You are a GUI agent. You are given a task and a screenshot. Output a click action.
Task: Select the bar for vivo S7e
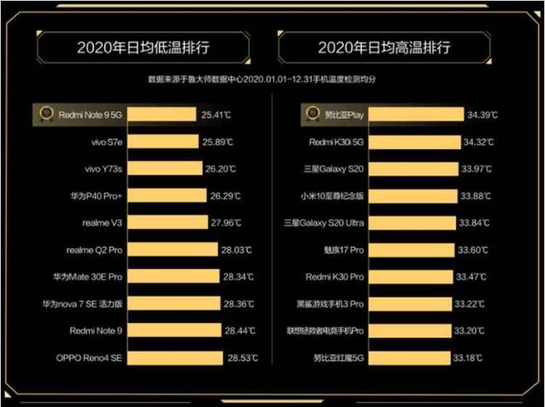pyautogui.click(x=165, y=142)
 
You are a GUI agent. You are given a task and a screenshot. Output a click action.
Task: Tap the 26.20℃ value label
pyautogui.click(x=222, y=169)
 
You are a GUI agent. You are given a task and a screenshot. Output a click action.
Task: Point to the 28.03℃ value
pyautogui.click(x=238, y=250)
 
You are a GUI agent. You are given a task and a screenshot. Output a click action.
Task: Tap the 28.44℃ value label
pyautogui.click(x=241, y=331)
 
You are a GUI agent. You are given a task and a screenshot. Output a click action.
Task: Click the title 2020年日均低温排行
pyautogui.click(x=143, y=48)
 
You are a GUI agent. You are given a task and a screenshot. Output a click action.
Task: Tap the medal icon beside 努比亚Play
pyautogui.click(x=312, y=114)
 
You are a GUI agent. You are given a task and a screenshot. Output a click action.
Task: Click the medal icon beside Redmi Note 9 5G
pyautogui.click(x=45, y=114)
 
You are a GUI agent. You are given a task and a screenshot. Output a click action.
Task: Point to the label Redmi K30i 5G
pyautogui.click(x=336, y=142)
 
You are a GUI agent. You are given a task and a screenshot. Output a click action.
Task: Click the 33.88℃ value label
pyautogui.click(x=475, y=196)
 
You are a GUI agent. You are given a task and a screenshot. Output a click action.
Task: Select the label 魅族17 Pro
pyautogui.click(x=344, y=250)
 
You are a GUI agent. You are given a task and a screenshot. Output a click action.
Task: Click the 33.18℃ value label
pyautogui.click(x=474, y=358)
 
